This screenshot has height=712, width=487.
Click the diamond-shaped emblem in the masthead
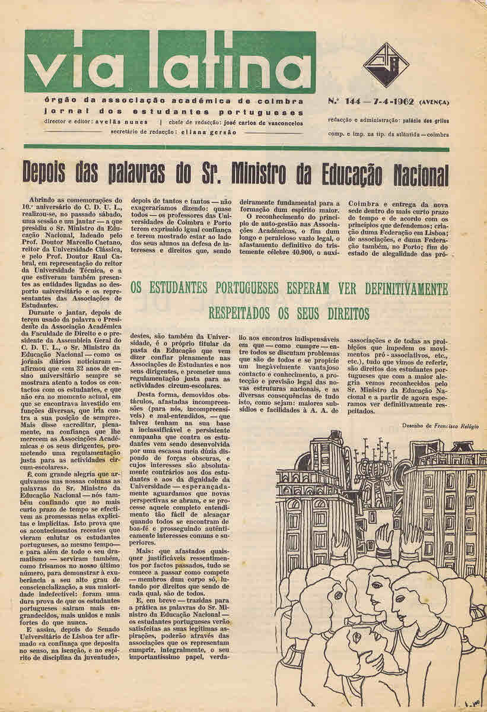[x=386, y=65]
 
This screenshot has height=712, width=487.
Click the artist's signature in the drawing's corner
[x=472, y=703]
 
